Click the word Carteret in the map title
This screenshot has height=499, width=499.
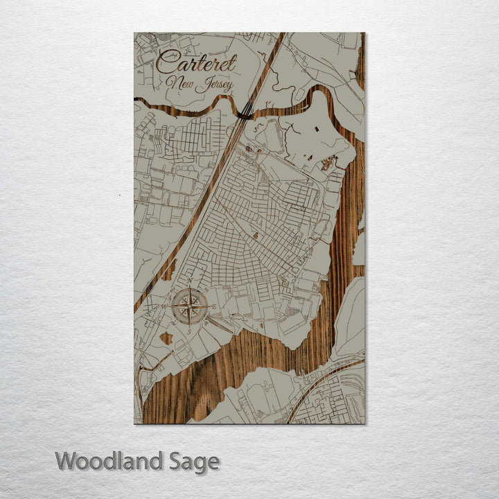point(196,63)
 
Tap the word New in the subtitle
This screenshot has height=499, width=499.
point(180,84)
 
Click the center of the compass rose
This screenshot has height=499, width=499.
point(190,306)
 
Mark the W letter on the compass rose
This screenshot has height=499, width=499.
point(164,306)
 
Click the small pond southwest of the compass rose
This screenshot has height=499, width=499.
point(166,339)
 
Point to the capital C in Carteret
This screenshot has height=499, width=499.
point(165,62)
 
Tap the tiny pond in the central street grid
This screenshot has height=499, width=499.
point(256,236)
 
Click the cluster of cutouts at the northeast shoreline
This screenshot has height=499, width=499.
point(327,164)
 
